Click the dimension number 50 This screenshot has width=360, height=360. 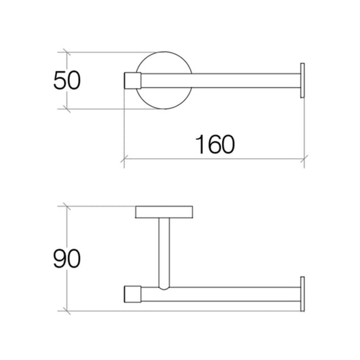point(66,81)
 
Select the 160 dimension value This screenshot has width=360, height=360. point(214,145)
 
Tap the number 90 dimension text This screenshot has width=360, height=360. point(66,259)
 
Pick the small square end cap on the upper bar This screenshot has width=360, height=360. point(131,82)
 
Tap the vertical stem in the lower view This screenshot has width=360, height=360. point(164,251)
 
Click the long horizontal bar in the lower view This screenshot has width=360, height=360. point(224,295)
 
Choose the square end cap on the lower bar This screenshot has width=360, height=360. point(132,295)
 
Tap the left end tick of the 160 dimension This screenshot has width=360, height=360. point(124,161)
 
